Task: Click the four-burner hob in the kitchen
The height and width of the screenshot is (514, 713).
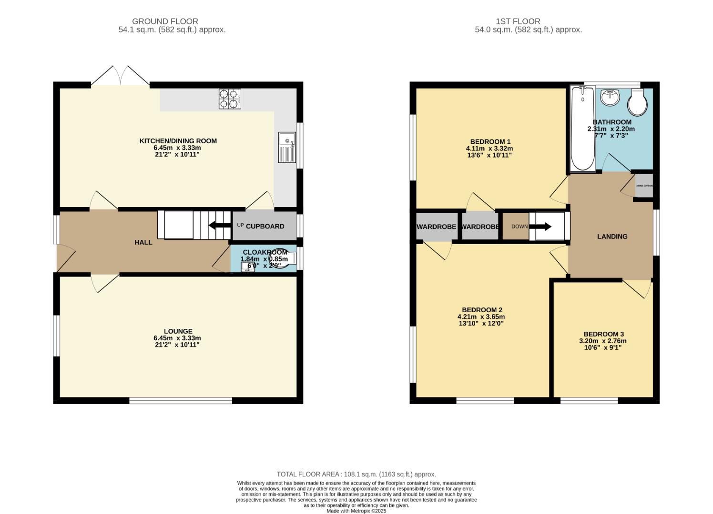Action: click(x=230, y=99)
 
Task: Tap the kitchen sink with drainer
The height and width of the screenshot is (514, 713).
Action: click(x=287, y=147)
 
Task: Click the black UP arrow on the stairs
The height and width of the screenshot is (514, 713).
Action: click(x=219, y=226)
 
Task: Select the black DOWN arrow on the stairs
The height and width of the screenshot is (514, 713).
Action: click(x=540, y=227)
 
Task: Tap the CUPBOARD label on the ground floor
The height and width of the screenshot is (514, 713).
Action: click(x=265, y=227)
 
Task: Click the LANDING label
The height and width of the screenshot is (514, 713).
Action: click(x=612, y=237)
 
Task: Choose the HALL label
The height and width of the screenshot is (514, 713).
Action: click(x=143, y=242)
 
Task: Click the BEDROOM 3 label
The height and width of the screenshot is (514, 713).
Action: click(x=603, y=334)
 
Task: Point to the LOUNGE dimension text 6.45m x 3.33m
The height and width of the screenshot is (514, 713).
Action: click(x=178, y=338)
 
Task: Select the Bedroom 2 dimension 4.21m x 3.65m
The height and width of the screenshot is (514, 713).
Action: click(x=481, y=316)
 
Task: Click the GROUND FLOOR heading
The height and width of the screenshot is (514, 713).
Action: click(x=165, y=21)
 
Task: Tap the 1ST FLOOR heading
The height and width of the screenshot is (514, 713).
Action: click(x=518, y=21)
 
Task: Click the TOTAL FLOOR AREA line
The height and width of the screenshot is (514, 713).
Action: click(x=356, y=474)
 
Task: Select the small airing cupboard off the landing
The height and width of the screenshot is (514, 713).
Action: click(x=644, y=186)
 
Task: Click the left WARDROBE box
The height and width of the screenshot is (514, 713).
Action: click(x=436, y=227)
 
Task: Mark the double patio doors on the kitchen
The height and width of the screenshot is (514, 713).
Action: click(x=120, y=77)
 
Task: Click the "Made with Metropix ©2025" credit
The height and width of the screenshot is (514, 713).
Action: click(x=356, y=511)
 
